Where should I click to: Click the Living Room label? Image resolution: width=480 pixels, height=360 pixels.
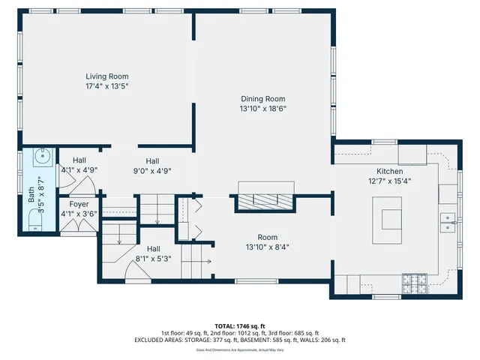pyautogui.click(x=106, y=76)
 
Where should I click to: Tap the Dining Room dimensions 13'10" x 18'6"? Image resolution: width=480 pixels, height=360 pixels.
pyautogui.click(x=262, y=109)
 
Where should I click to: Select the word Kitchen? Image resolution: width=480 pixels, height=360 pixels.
pyautogui.click(x=389, y=171)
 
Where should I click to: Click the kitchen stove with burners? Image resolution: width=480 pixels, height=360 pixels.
pyautogui.click(x=414, y=283)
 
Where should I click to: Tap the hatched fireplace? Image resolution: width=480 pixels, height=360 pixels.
pyautogui.click(x=267, y=199)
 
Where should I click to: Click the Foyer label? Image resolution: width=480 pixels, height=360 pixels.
pyautogui.click(x=79, y=204)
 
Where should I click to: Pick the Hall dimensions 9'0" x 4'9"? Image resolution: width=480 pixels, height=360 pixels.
pyautogui.click(x=152, y=170)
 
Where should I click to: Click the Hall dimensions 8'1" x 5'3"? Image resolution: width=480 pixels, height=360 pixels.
pyautogui.click(x=153, y=259)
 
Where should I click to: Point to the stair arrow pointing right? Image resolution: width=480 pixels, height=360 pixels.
pyautogui.click(x=204, y=262)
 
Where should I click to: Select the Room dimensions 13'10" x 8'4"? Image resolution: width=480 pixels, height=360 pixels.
pyautogui.click(x=267, y=247)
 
